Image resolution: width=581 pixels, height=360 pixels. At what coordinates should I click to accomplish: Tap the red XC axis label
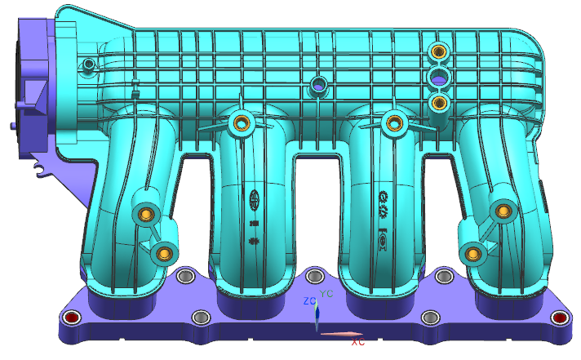(357, 343)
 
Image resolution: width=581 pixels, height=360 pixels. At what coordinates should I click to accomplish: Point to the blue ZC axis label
(309, 301)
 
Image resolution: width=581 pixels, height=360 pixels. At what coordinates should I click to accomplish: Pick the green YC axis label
(326, 293)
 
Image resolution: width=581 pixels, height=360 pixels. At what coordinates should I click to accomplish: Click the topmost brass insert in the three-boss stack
(439, 51)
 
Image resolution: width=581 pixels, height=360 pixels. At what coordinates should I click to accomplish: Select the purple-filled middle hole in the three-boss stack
(439, 78)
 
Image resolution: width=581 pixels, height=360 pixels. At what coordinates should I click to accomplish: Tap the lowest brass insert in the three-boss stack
(440, 102)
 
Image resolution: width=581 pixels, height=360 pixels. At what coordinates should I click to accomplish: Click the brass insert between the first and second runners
(241, 123)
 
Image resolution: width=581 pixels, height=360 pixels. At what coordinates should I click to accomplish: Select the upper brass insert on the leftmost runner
(145, 215)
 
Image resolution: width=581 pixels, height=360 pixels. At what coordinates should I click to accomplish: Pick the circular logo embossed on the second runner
(254, 198)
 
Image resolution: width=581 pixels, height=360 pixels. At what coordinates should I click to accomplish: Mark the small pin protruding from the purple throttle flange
(10, 127)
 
